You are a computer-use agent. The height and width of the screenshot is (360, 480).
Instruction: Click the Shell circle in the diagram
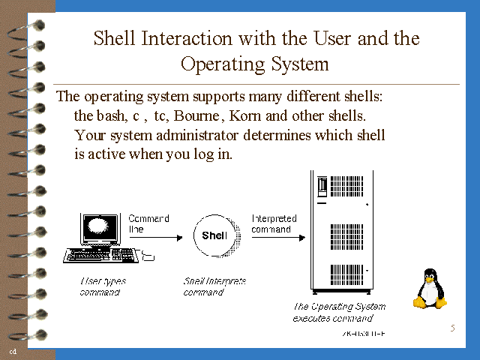pos(214,235)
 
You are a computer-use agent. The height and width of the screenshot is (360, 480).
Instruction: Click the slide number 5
pos(452,328)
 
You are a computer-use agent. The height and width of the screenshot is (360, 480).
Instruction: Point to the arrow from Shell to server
pos(277,238)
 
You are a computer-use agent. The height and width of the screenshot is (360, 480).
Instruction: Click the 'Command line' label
pos(148,223)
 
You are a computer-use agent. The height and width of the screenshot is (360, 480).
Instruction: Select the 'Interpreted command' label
pos(274,223)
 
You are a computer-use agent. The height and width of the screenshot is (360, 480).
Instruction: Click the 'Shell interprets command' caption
pos(214,286)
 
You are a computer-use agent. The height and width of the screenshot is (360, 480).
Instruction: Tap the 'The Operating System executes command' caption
pos(339,312)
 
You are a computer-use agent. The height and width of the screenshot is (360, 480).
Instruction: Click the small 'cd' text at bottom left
pos(13,351)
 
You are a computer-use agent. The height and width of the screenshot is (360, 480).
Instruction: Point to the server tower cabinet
pos(344,232)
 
